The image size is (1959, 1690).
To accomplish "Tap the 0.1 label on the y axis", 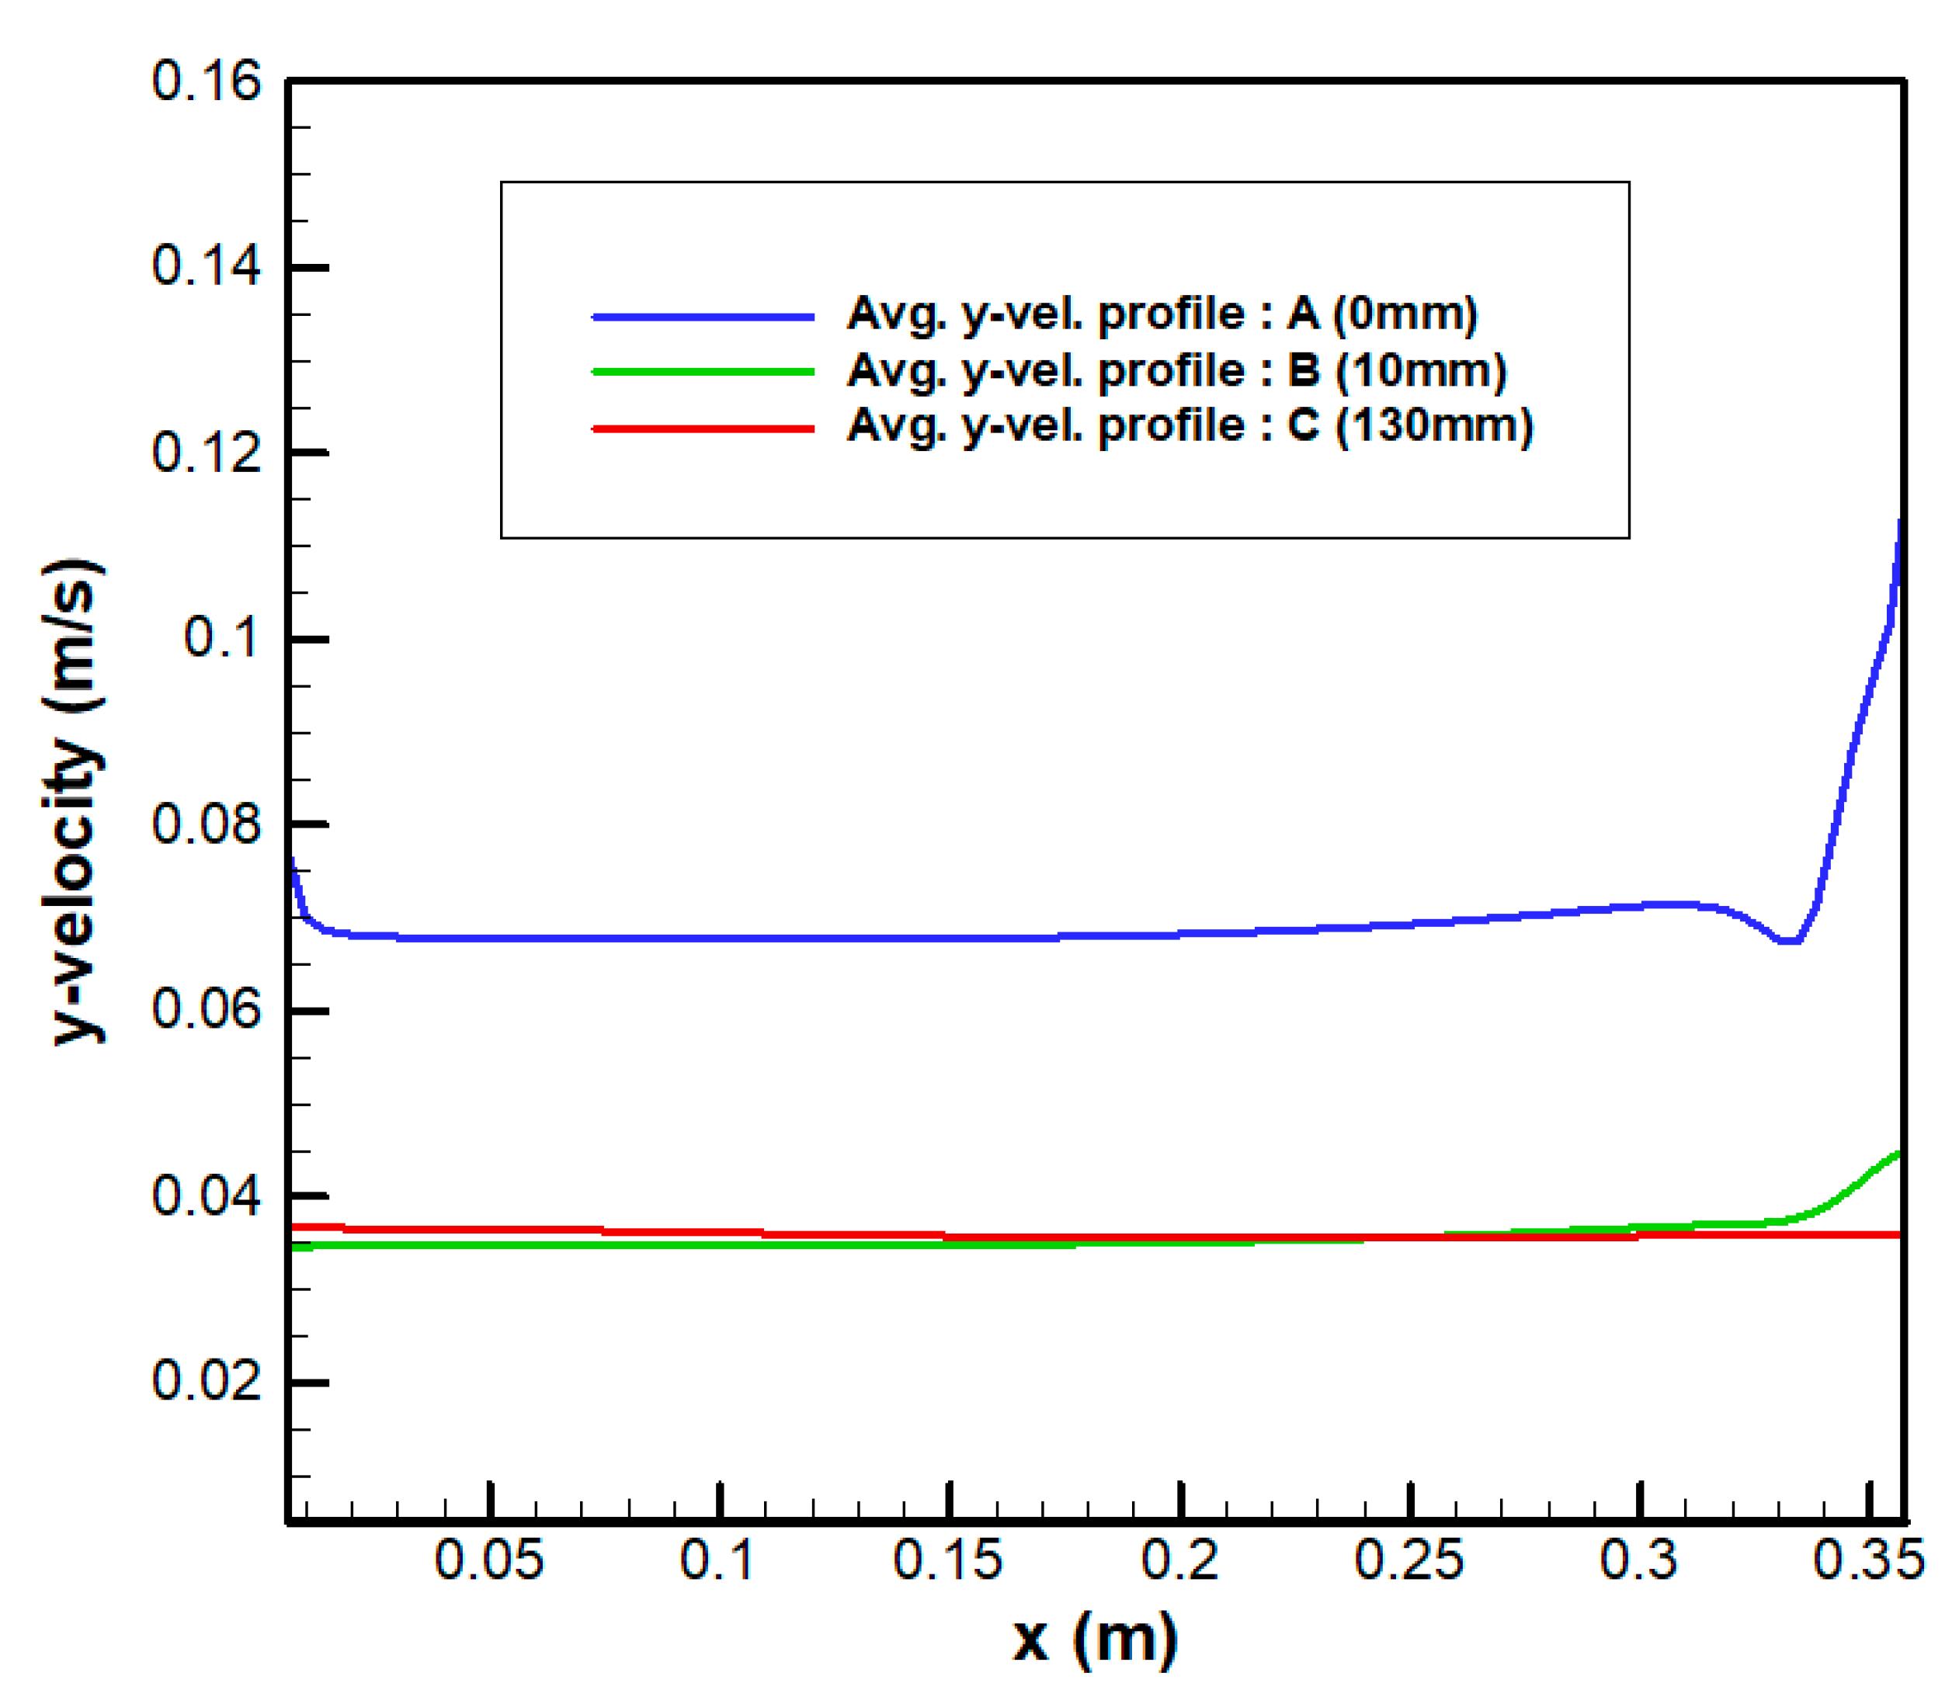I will (x=221, y=638).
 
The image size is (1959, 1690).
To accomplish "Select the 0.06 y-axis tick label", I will (x=205, y=1009).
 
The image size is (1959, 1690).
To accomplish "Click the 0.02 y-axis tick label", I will (x=205, y=1382).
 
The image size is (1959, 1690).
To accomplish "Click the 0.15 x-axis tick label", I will (x=947, y=1560).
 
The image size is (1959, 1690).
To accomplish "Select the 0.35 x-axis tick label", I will (x=1868, y=1560).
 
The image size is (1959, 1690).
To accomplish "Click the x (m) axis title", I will (x=1095, y=1639).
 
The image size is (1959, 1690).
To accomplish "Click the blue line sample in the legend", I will (x=703, y=317).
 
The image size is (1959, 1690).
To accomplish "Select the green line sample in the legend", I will (x=703, y=372).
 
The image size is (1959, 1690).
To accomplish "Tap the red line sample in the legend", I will (x=703, y=429).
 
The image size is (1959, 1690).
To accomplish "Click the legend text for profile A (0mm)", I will (x=1161, y=314).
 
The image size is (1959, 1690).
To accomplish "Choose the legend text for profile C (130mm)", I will (x=1190, y=426).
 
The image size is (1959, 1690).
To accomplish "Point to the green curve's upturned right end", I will (x=1895, y=1155).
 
